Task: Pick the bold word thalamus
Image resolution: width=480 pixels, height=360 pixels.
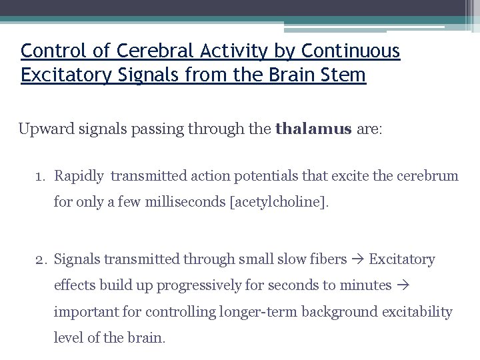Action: point(313,129)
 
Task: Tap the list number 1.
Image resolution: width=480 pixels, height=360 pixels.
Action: point(41,177)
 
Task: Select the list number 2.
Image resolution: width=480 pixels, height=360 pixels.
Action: point(41,259)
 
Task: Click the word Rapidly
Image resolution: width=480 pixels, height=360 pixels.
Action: point(79,177)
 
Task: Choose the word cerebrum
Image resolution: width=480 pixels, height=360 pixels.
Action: point(427,177)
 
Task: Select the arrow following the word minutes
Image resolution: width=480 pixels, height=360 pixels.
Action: point(403,285)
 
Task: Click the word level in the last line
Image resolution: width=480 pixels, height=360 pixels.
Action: point(69,337)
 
